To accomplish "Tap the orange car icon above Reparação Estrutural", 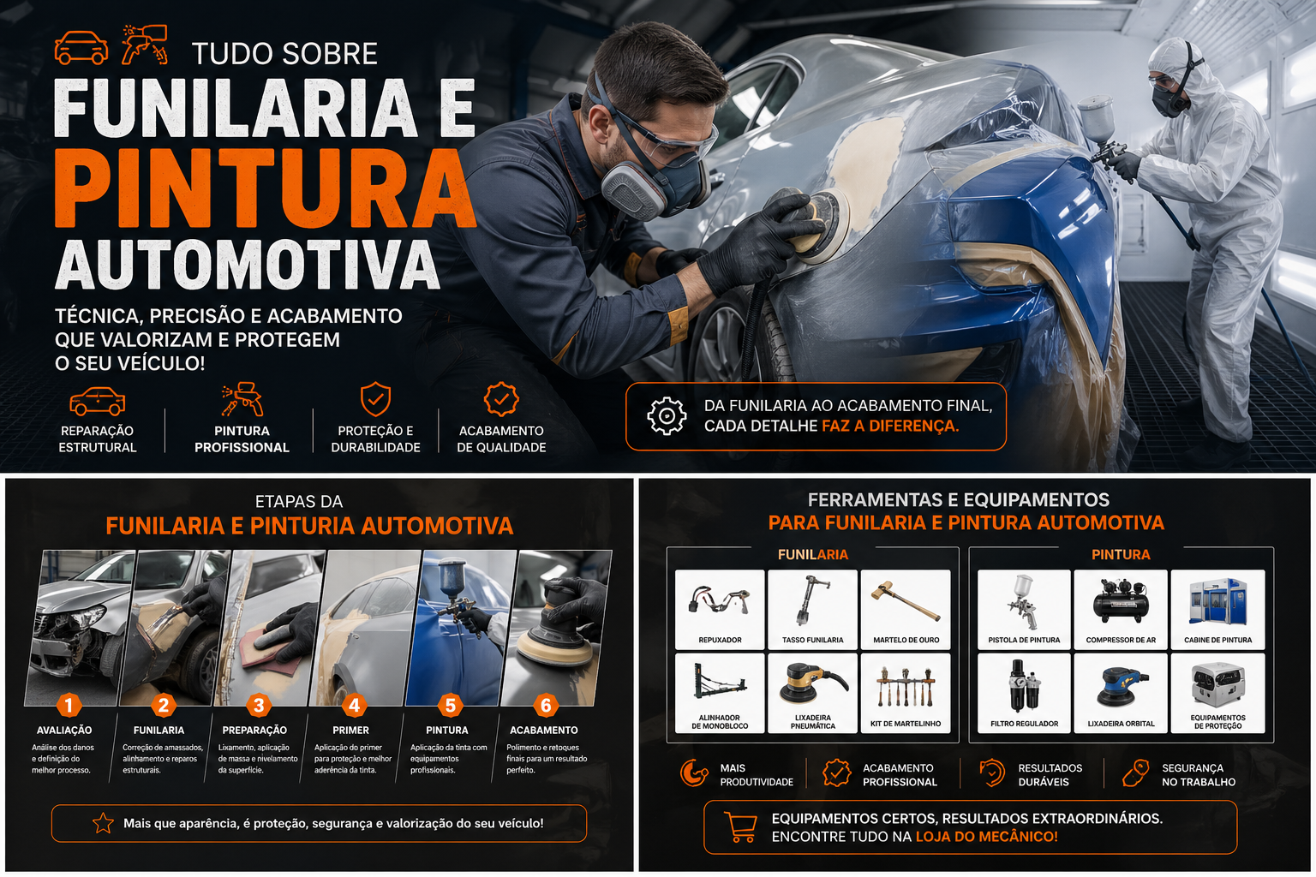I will click(97, 401).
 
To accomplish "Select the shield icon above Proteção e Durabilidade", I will click(375, 399).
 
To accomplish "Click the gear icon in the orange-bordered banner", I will click(667, 416).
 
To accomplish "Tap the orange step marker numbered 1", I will click(69, 705).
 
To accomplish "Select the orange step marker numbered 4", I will click(354, 705).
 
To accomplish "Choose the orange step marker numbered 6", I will click(545, 705).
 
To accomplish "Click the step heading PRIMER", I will click(350, 731).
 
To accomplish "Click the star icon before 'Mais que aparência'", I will click(103, 823).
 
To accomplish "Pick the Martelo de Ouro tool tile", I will click(906, 609).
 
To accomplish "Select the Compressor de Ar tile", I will click(1121, 609).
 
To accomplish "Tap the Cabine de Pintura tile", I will click(1217, 609).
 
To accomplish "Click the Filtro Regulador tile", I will click(1024, 693).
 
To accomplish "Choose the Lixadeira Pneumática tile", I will click(812, 693).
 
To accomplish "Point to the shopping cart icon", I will click(740, 826).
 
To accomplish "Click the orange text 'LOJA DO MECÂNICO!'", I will click(986, 837).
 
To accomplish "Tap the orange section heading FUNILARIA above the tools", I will click(812, 555).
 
